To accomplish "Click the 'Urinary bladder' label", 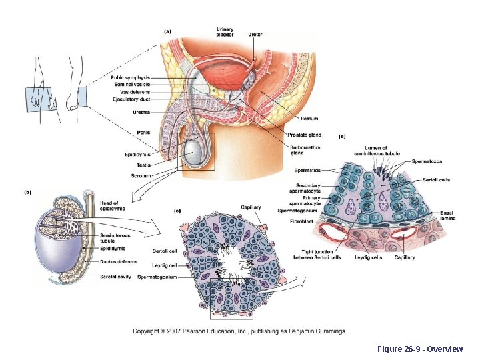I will (x=225, y=32).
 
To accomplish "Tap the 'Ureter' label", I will (x=255, y=34).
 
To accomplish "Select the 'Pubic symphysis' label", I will (x=130, y=78).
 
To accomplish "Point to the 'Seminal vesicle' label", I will (x=131, y=85).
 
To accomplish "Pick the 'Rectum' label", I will (x=309, y=119).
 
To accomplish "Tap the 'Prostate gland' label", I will (x=306, y=135).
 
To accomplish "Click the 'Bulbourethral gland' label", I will (x=305, y=149).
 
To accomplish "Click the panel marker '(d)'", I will (x=343, y=137).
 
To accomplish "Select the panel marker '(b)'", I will (x=28, y=193).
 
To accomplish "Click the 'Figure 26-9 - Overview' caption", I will (x=420, y=349).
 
